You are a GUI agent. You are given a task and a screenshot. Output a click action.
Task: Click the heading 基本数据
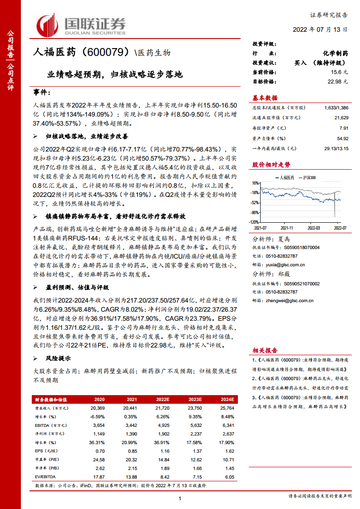(x=265, y=98)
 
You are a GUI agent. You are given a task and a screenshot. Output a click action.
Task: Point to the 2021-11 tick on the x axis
(x=287, y=227)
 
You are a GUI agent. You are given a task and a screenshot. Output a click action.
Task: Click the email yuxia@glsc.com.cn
(x=286, y=264)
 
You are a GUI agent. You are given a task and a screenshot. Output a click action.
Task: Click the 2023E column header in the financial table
(x=195, y=399)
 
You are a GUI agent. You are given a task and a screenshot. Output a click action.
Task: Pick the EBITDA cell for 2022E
(x=163, y=425)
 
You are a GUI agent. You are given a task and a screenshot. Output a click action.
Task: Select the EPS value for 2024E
(x=229, y=451)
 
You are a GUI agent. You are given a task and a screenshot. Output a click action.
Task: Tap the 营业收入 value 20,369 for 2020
(x=98, y=408)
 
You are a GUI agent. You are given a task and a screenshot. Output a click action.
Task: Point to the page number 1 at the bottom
(x=180, y=499)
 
